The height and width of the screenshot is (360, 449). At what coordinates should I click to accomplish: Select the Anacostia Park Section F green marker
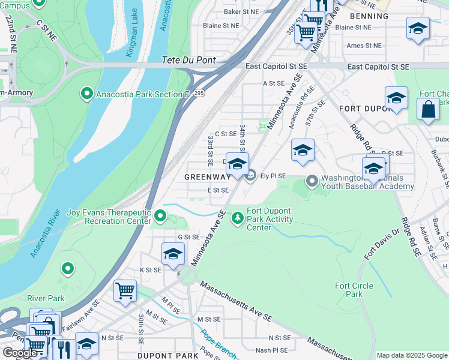pos(86,94)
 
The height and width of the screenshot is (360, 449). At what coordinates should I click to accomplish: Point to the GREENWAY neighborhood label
pos(207,177)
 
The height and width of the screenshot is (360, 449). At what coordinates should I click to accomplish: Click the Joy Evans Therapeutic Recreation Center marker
pos(160,215)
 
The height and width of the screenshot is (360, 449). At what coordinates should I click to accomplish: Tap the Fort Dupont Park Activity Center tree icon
pos(238,217)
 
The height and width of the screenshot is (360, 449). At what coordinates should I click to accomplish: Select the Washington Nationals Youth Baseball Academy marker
pos(312,180)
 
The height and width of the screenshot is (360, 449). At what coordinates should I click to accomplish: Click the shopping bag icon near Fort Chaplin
pos(428,110)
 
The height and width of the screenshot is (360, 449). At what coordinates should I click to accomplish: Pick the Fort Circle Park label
pos(349,290)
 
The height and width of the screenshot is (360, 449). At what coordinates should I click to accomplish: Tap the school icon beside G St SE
pos(173,253)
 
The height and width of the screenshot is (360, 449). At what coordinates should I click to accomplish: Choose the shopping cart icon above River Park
pos(125,290)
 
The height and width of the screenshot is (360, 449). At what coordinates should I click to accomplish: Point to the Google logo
pos(20,353)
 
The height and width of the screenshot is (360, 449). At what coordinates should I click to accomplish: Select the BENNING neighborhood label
pos(369,16)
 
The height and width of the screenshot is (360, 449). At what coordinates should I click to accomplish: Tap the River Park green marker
pos(68,268)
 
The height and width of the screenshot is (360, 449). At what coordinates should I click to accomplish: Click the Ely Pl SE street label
pos(273,176)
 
